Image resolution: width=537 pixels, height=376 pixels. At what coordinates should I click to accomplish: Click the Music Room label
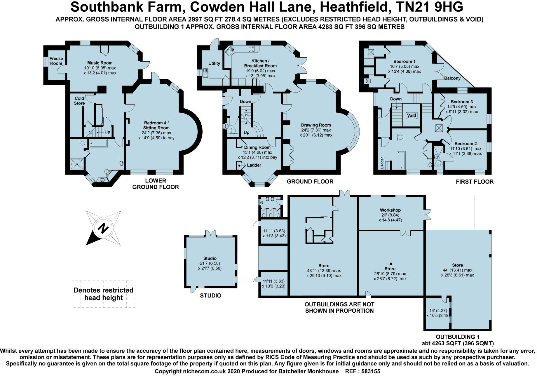(x=100, y=63)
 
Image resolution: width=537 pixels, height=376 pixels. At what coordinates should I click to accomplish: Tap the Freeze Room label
(x=56, y=61)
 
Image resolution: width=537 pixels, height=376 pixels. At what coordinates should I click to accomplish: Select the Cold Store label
(x=79, y=101)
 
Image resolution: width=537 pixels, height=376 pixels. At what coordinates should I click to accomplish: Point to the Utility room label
(x=214, y=63)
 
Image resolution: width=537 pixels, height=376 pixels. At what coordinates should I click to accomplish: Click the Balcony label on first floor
(x=452, y=78)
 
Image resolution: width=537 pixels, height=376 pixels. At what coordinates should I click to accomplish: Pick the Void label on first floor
(x=412, y=115)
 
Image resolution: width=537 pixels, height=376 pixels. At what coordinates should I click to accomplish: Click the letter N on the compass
(x=102, y=228)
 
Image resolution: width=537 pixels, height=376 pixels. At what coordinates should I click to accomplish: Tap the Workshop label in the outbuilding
(x=390, y=210)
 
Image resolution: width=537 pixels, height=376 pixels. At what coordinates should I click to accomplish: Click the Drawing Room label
(x=316, y=125)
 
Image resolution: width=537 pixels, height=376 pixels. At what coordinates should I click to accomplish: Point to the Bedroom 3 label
(x=462, y=102)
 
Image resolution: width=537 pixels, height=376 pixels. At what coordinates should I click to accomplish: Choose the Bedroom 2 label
(x=465, y=143)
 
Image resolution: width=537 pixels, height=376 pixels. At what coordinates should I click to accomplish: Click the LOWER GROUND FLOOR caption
(x=156, y=184)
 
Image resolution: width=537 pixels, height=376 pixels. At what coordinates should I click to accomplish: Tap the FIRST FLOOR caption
(x=475, y=182)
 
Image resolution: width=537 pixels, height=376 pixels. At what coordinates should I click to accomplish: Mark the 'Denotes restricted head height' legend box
(x=104, y=294)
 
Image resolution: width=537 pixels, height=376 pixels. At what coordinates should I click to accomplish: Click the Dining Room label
(x=257, y=147)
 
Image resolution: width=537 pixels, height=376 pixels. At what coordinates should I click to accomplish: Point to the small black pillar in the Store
(x=390, y=264)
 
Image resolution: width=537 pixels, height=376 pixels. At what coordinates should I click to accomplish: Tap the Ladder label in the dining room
(x=254, y=165)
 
